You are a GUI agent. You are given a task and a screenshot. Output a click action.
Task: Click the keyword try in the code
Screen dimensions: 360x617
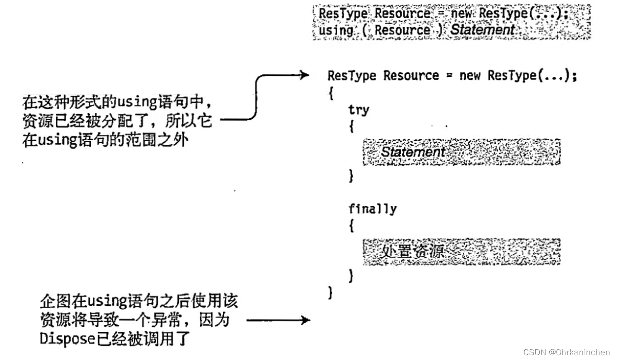click(x=358, y=109)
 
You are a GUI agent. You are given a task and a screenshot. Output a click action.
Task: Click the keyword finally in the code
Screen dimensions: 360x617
click(x=373, y=209)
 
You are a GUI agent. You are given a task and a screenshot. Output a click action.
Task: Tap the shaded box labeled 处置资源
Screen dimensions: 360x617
click(x=461, y=252)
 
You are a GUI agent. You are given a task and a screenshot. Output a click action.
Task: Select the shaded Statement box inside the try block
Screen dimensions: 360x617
click(x=461, y=152)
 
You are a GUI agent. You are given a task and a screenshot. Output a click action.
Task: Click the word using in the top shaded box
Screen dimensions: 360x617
click(x=336, y=30)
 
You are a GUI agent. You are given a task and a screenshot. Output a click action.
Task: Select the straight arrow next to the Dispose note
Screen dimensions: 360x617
click(x=278, y=320)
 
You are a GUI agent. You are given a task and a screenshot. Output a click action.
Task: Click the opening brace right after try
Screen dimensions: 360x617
click(x=351, y=127)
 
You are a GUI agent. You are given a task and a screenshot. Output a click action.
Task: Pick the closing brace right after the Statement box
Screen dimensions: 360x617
click(x=351, y=176)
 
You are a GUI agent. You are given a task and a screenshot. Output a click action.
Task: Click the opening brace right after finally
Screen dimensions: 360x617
click(x=351, y=227)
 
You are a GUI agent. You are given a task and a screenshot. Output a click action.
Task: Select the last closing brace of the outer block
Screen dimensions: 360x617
click(x=330, y=293)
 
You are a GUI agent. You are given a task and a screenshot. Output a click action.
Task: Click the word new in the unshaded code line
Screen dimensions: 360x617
click(x=470, y=76)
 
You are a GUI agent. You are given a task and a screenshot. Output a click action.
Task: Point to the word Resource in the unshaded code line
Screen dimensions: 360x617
click(x=411, y=76)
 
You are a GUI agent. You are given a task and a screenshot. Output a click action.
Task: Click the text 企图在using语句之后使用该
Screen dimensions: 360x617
click(x=139, y=301)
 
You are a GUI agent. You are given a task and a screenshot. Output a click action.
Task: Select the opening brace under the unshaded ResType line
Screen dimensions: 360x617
click(x=330, y=93)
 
